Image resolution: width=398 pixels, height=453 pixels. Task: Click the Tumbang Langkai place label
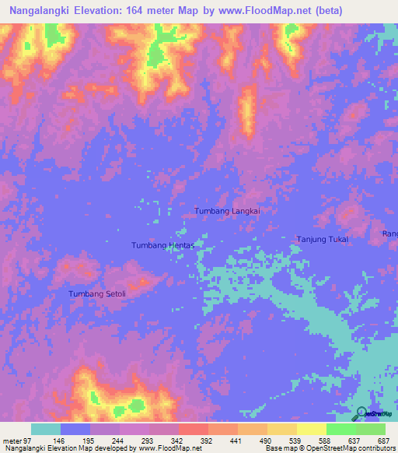pyautogui.click(x=226, y=211)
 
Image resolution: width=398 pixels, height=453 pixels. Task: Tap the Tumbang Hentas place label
pyautogui.click(x=162, y=244)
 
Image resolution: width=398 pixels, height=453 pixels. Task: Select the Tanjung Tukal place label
pyautogui.click(x=323, y=240)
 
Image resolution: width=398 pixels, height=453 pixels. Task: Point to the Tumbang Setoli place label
pyautogui.click(x=97, y=293)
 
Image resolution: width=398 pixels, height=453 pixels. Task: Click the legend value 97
pyautogui.click(x=30, y=441)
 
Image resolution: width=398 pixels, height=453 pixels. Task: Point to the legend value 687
pyautogui.click(x=382, y=441)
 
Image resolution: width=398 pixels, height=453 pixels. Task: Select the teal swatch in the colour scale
pyautogui.click(x=46, y=429)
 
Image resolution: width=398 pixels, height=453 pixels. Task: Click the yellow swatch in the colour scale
pyautogui.click(x=312, y=429)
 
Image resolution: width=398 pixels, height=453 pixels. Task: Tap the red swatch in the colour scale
pyautogui.click(x=194, y=429)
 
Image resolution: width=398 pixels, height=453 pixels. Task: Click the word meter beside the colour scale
pyautogui.click(x=13, y=441)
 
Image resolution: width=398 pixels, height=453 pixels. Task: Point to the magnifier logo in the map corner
pyautogui.click(x=361, y=413)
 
